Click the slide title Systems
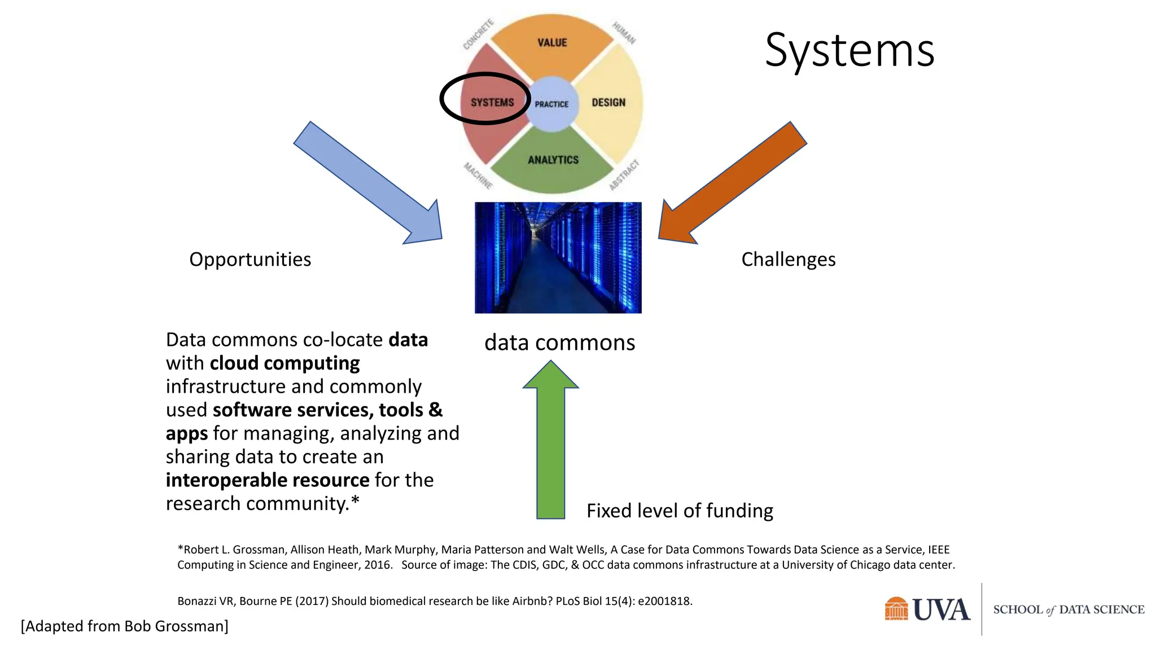849,51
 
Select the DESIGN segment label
608,103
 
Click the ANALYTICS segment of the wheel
553,160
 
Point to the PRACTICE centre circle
551,104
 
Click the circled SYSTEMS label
492,103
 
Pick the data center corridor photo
558,257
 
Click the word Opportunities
250,260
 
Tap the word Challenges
788,260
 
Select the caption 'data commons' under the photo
559,342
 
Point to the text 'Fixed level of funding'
680,511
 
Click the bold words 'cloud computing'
284,363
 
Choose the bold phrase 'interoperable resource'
268,480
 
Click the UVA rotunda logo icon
896,609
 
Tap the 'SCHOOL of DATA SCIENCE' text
1069,609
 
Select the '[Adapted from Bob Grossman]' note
125,626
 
